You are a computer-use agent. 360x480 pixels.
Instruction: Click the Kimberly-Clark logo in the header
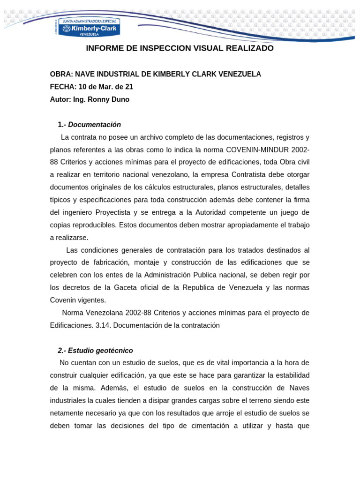pyautogui.click(x=89, y=28)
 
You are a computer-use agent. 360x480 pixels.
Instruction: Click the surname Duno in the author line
pyautogui.click(x=120, y=99)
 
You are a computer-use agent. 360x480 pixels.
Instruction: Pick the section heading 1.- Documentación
pyautogui.click(x=89, y=125)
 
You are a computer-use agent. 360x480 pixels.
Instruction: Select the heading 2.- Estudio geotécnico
pyautogui.click(x=95, y=351)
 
